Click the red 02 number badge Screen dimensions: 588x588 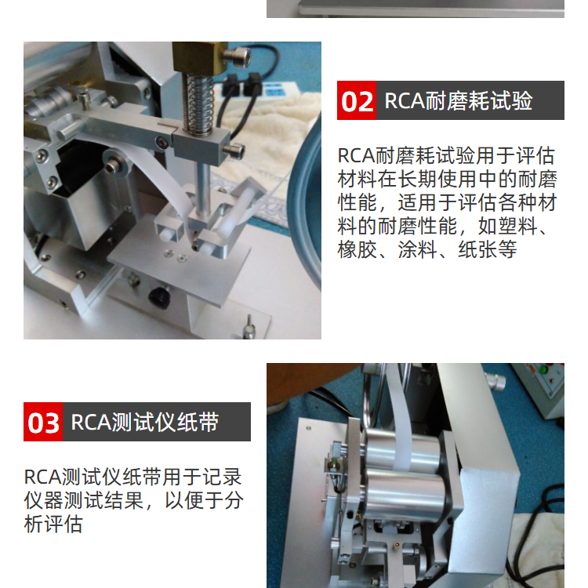[356, 100]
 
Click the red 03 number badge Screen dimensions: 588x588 [43, 422]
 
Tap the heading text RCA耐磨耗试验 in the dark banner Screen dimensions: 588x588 [459, 100]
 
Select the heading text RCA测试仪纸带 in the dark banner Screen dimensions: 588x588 [145, 422]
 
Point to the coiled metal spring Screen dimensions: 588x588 [198, 103]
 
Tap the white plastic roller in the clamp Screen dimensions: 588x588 [230, 218]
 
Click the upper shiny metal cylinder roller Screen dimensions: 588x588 [403, 452]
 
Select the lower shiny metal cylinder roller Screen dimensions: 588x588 [405, 495]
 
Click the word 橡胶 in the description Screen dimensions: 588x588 [357, 249]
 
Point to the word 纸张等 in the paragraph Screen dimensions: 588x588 [488, 249]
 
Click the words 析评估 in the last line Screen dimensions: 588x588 [53, 524]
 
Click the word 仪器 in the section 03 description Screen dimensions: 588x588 [43, 501]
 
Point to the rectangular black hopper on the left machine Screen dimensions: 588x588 [81, 187]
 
